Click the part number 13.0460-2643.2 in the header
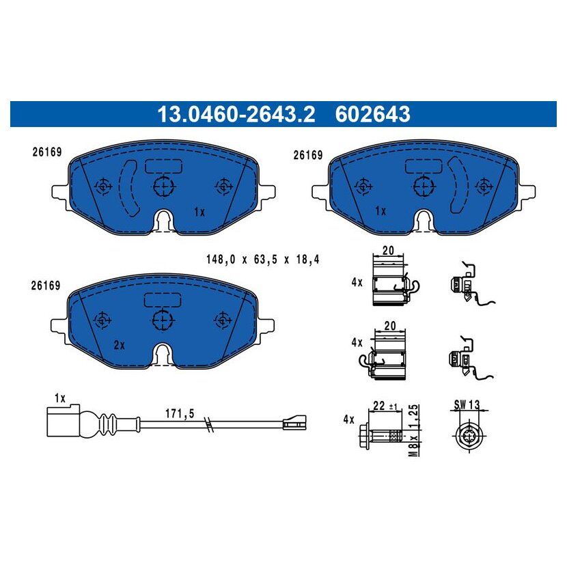(236, 114)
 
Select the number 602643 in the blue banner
(372, 114)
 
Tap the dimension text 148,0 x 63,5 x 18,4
(263, 260)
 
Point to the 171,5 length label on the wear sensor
(180, 413)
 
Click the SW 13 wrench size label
(467, 404)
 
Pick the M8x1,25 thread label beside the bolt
(414, 430)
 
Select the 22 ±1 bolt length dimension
(385, 406)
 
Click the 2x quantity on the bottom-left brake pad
(120, 345)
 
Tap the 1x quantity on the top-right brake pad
(381, 211)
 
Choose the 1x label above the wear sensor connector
(60, 398)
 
